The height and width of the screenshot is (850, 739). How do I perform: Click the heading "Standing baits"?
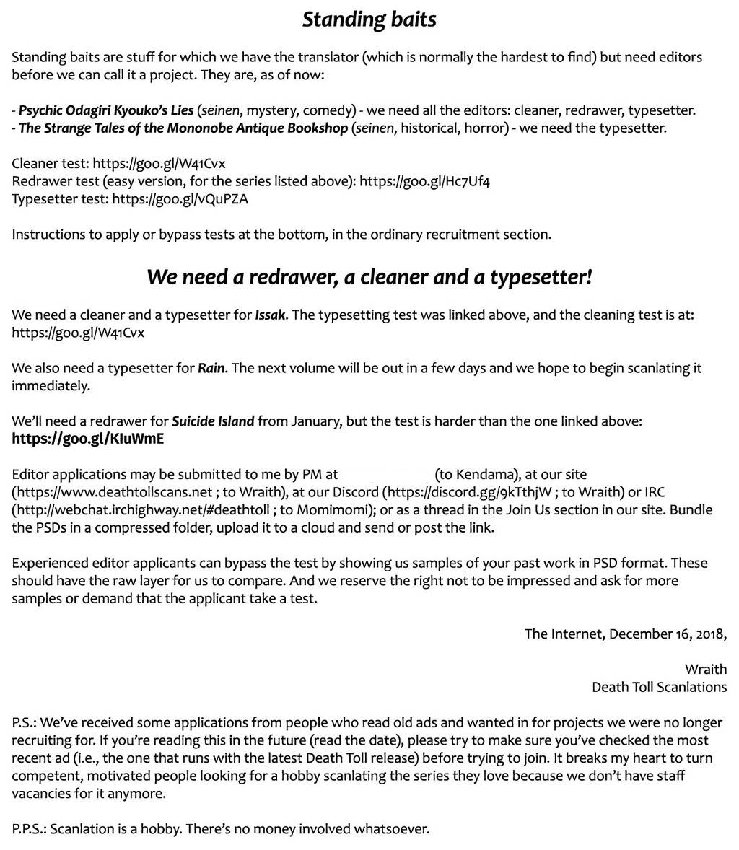point(369,19)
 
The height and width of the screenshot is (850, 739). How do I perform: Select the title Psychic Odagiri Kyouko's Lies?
point(106,110)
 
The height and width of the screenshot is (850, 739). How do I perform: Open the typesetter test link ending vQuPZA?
point(180,199)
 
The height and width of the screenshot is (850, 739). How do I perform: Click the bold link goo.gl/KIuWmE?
point(87,439)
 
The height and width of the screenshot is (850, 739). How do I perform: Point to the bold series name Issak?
point(271,315)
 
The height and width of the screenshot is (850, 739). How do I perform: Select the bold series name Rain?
point(212,369)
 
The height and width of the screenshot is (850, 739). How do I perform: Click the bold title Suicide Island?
point(213,421)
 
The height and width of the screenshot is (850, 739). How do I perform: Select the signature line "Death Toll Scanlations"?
point(659,687)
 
